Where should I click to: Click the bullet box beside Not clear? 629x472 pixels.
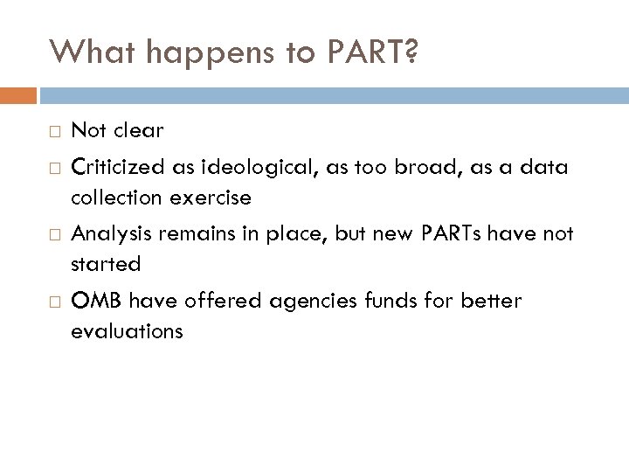(x=54, y=132)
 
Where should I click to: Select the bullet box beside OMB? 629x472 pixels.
(x=54, y=302)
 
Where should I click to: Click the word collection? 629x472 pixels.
(x=110, y=198)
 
